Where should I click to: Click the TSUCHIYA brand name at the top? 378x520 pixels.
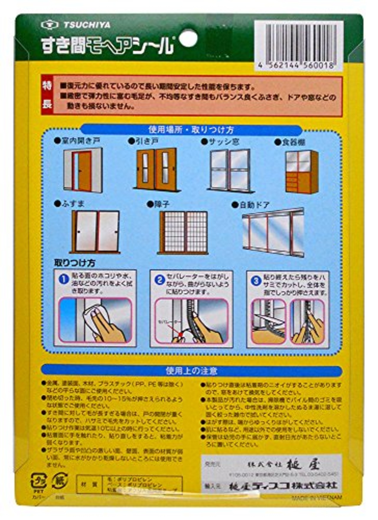point(87,25)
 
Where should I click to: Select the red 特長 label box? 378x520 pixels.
point(47,96)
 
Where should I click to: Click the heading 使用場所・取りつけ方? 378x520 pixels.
point(191,130)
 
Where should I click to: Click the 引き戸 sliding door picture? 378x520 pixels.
point(157,170)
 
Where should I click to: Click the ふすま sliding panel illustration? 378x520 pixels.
point(95,232)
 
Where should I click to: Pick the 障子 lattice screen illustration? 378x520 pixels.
point(183,232)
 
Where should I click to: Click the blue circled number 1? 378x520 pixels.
point(63,279)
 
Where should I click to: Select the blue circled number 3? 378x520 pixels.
point(256,281)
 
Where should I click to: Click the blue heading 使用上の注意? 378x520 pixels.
point(191,371)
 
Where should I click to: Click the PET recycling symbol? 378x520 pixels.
point(38,481)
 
